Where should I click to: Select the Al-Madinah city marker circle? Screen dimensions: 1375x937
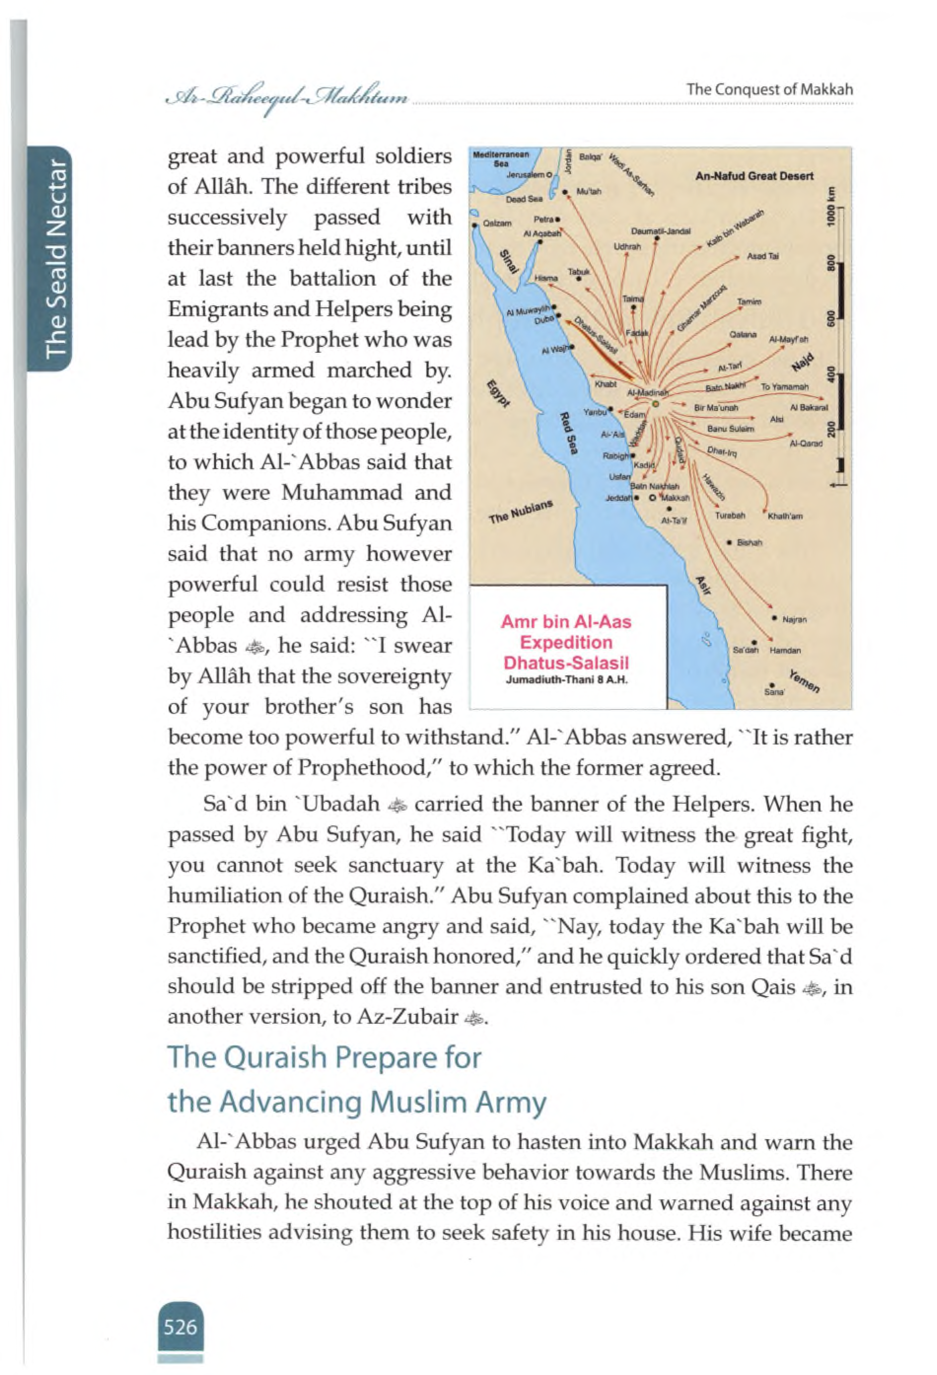click(x=655, y=404)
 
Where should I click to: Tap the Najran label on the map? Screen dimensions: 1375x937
click(x=794, y=620)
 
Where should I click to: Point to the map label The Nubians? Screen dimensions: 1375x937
click(x=521, y=511)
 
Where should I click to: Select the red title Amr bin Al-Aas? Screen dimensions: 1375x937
click(x=565, y=622)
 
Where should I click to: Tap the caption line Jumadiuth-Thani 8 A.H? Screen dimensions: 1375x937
click(x=566, y=679)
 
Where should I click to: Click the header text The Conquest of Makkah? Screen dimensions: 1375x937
click(x=770, y=89)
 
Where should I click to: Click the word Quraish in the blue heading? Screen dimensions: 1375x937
click(x=279, y=1057)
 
